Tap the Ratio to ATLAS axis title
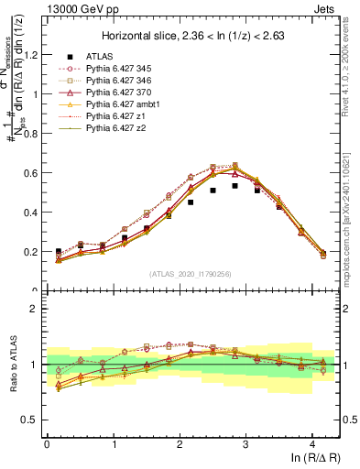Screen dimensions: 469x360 tap(12, 364)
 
